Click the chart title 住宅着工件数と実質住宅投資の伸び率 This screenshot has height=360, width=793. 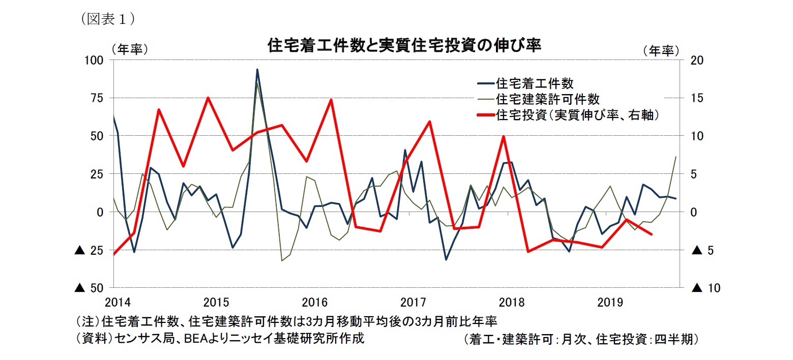coord(404,46)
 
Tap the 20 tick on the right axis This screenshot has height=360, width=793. coord(697,60)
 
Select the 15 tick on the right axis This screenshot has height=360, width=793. coord(697,98)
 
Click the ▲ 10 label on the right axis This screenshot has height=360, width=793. coord(706,288)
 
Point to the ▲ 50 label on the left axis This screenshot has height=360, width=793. coord(89,288)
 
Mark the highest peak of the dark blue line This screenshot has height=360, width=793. coord(257,70)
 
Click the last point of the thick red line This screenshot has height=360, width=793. coord(652,234)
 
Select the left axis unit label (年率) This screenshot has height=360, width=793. coord(130,50)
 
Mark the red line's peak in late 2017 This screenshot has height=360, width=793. coord(503,136)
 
